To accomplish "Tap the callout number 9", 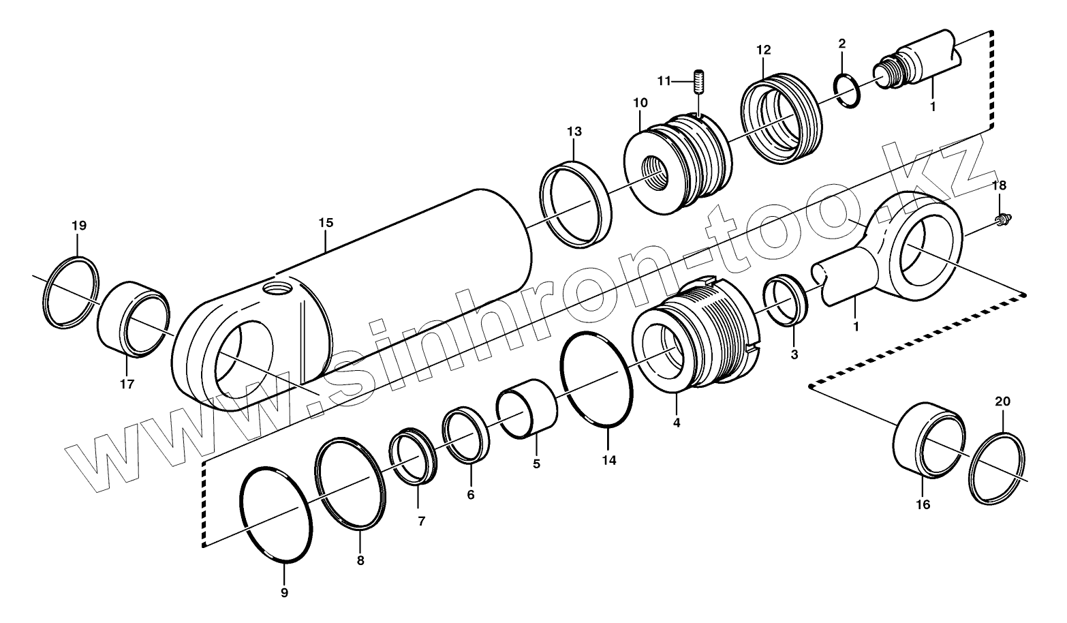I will click(285, 592).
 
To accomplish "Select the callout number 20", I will click(1002, 401).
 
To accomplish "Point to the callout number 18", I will click(998, 185).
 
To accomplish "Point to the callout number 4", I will click(676, 423).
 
